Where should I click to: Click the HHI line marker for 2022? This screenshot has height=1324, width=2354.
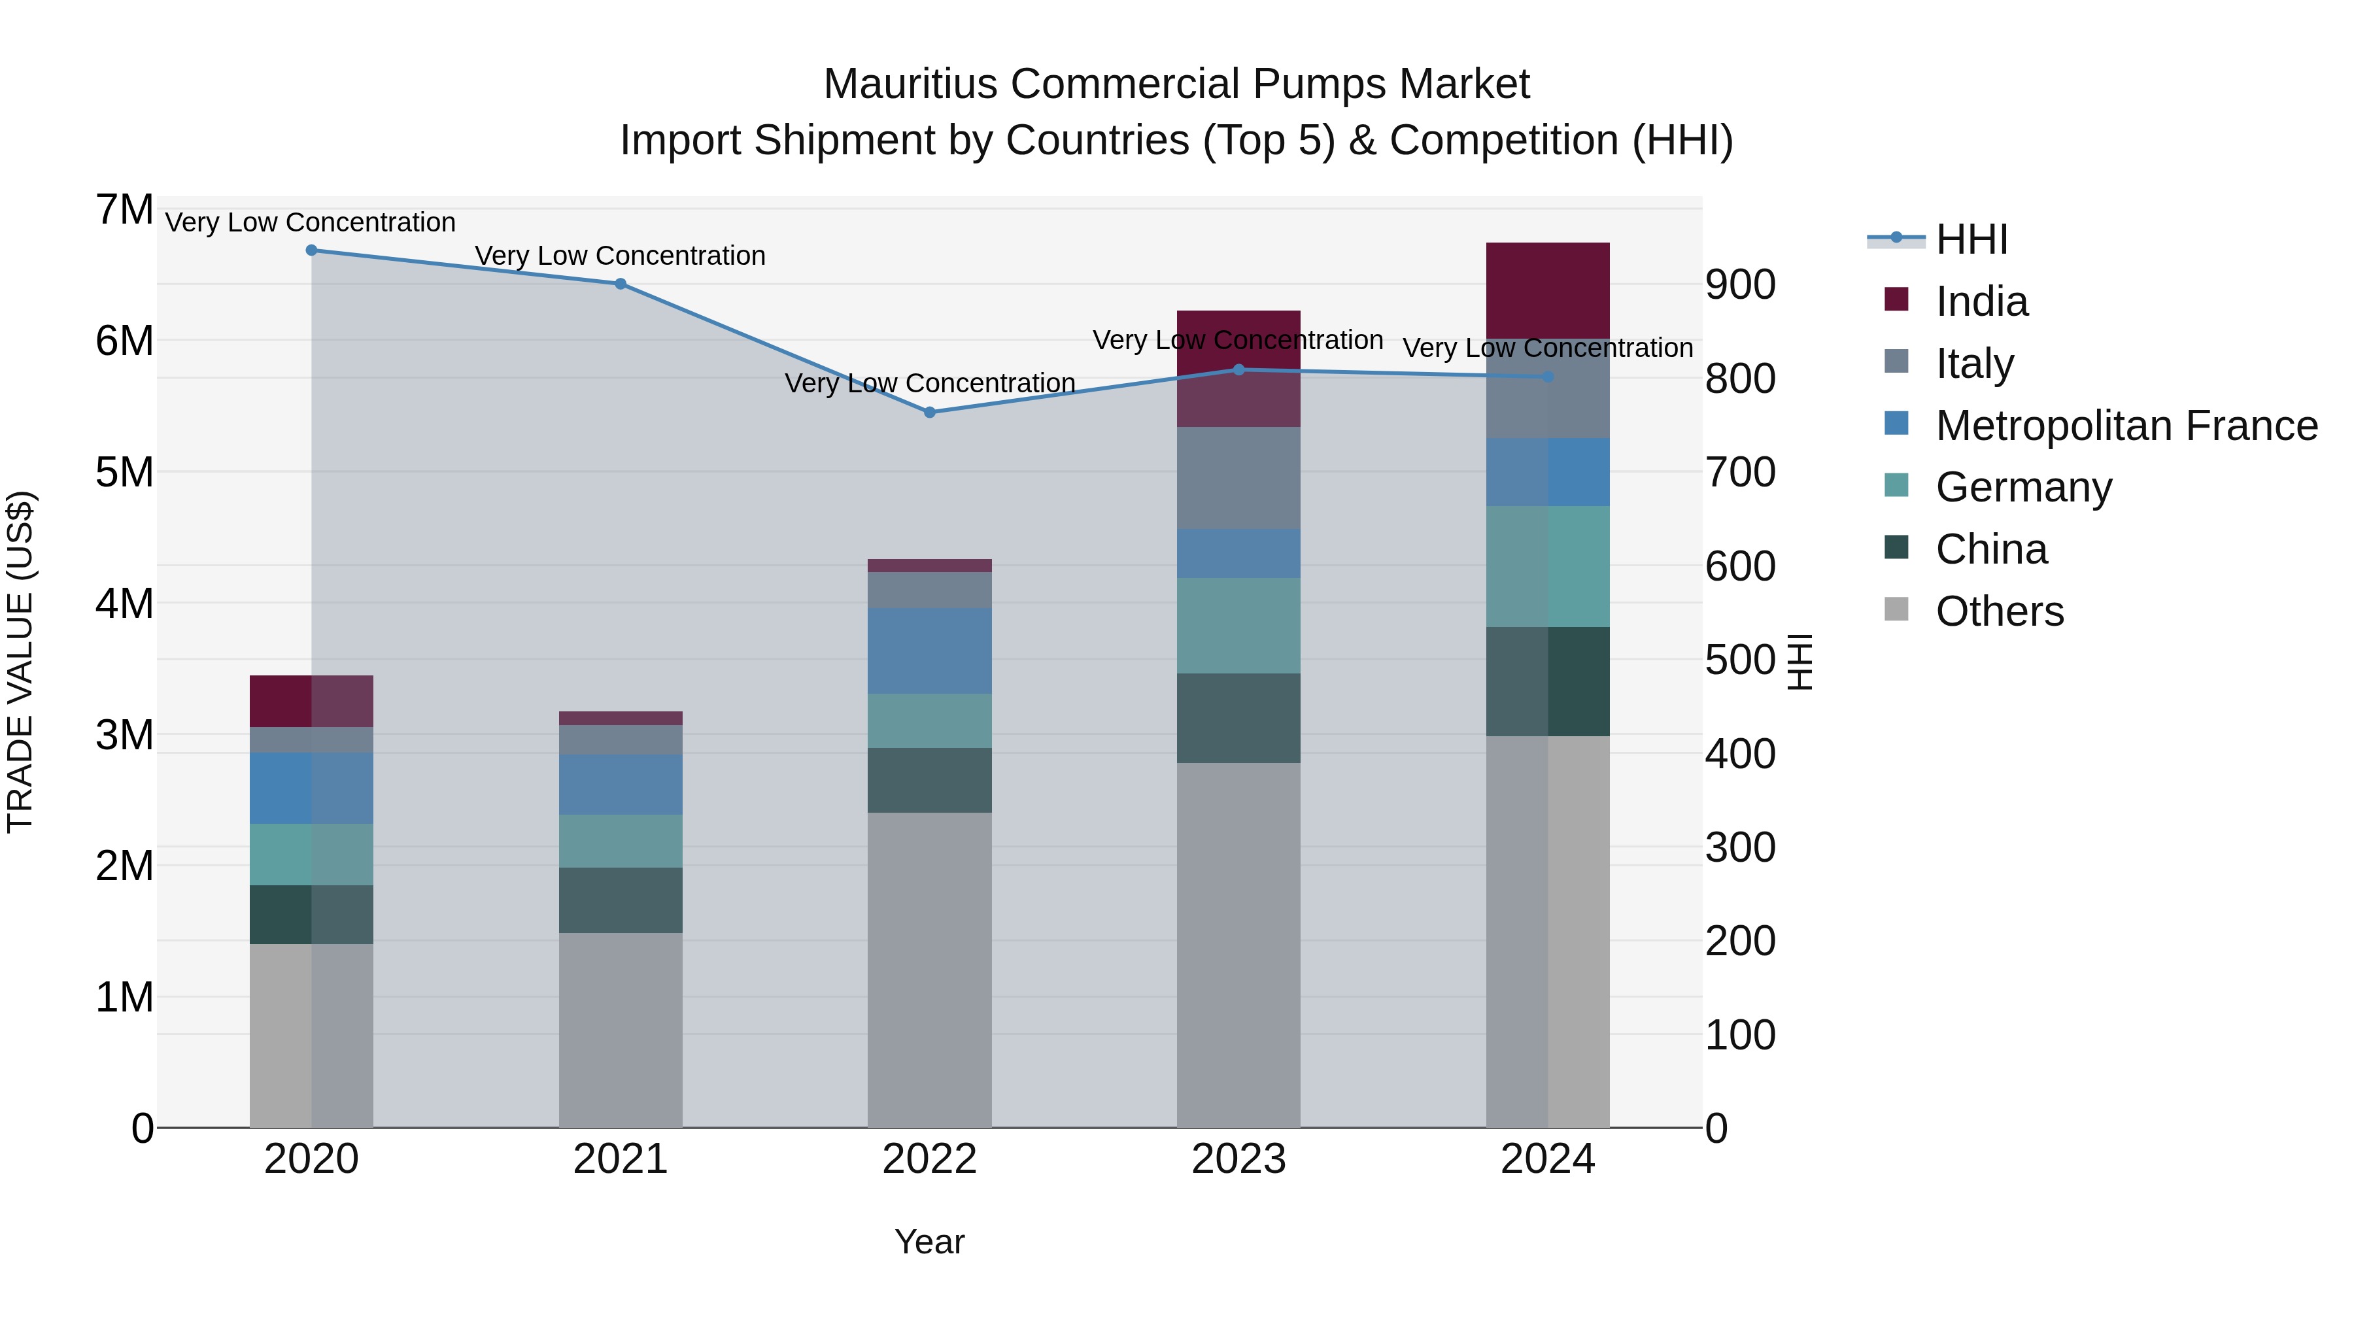tap(929, 412)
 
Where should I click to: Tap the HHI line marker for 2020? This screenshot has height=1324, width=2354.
tap(312, 250)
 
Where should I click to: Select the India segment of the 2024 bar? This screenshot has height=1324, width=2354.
tap(1547, 290)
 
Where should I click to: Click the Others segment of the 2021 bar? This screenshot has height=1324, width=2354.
tap(621, 1030)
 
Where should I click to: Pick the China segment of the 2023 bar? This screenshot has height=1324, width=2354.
tap(1238, 718)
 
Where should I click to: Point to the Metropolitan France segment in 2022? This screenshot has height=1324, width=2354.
tap(929, 651)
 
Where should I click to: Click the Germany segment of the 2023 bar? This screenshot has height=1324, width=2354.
tap(1238, 625)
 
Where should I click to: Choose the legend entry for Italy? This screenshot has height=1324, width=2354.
tap(1974, 364)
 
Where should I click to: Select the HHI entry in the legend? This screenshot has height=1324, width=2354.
tap(1971, 239)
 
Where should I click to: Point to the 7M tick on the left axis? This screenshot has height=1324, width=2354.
tap(124, 210)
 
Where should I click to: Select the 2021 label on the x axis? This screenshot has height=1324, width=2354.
tap(621, 1159)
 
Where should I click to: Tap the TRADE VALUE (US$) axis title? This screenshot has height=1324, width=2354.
tap(20, 662)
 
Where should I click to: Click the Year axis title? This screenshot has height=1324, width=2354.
tap(929, 1242)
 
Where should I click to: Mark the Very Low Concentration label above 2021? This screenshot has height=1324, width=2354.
tap(621, 256)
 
